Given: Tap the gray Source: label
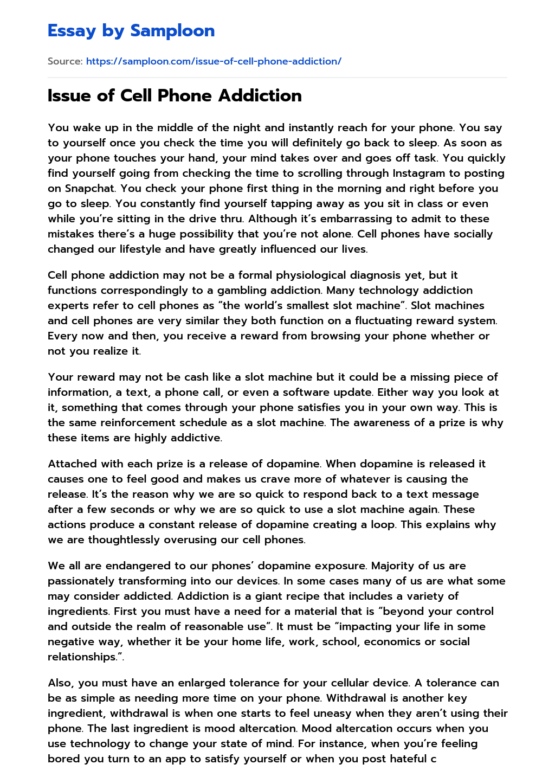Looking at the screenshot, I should click(65, 61).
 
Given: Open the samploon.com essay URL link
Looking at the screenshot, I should click(214, 61).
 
